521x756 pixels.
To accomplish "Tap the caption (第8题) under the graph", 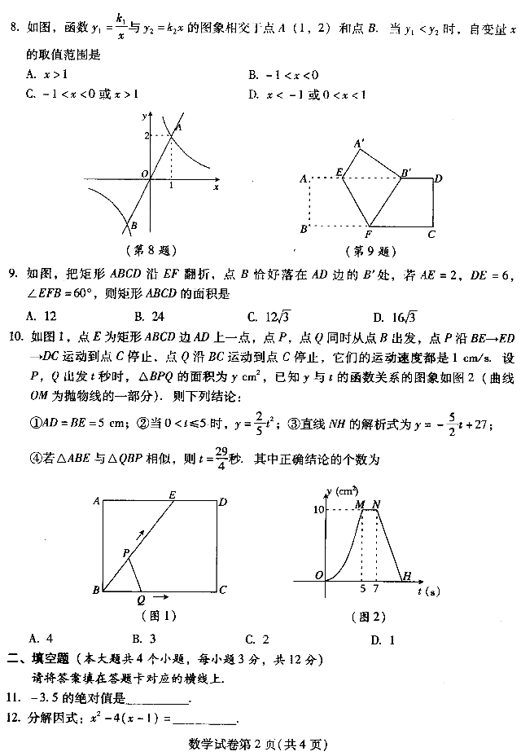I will tap(152, 249).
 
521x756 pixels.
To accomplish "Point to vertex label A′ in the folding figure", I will tap(359, 143).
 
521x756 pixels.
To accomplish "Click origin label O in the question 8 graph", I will tap(143, 174).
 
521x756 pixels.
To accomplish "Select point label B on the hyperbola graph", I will tap(134, 226).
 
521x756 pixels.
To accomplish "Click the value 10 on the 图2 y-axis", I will tap(319, 509).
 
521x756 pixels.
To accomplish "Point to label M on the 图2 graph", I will tap(360, 504).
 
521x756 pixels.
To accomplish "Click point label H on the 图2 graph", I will tap(407, 576).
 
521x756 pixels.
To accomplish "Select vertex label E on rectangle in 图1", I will tap(172, 494).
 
